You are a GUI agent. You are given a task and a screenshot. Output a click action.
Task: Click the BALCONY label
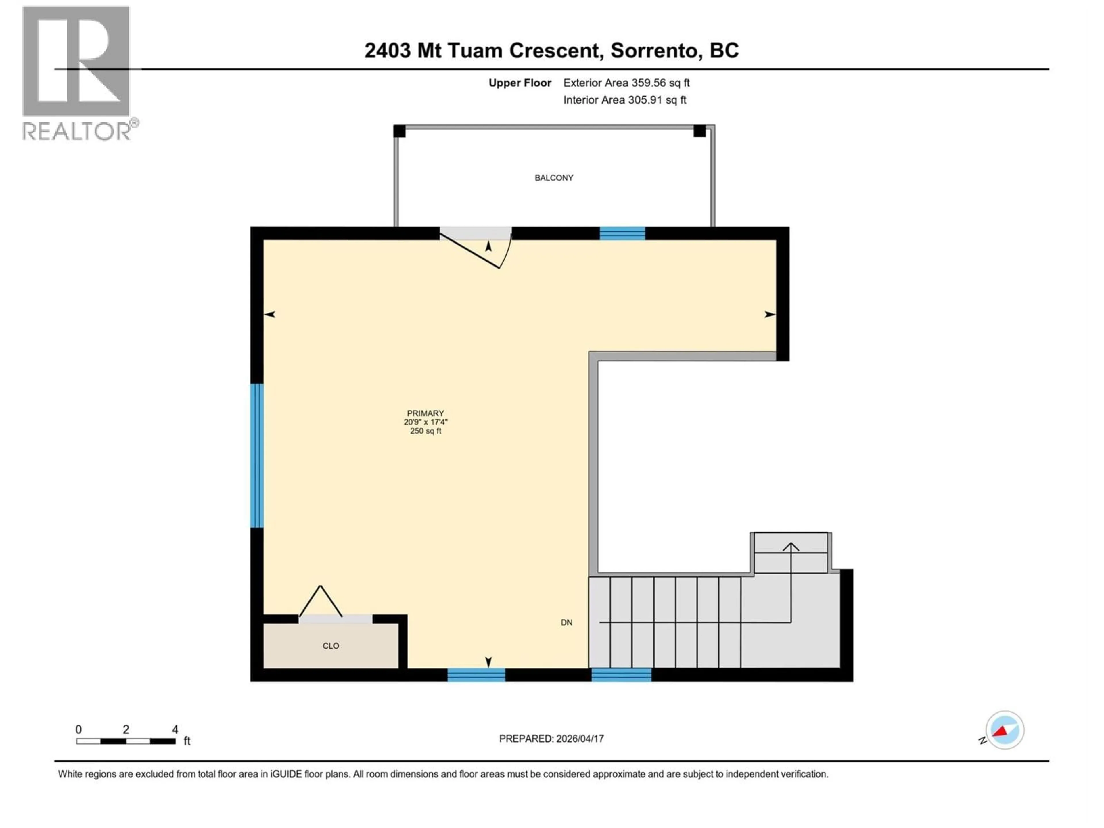pyautogui.click(x=553, y=178)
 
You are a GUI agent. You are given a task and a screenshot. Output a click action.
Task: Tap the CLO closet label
pyautogui.click(x=330, y=646)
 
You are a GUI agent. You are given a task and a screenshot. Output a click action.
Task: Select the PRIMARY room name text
pyautogui.click(x=425, y=413)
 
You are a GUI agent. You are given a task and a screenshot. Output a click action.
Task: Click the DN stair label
pyautogui.click(x=566, y=622)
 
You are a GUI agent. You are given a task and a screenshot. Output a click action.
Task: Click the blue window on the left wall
pyautogui.click(x=256, y=455)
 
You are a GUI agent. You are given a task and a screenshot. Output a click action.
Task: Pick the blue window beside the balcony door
pyautogui.click(x=622, y=233)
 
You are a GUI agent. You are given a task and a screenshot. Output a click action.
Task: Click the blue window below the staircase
pyautogui.click(x=621, y=675)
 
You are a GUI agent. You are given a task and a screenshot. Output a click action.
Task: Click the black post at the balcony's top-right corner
pyautogui.click(x=699, y=131)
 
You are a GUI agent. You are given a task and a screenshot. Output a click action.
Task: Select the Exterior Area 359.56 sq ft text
pyautogui.click(x=626, y=83)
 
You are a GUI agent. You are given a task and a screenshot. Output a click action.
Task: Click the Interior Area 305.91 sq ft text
pyautogui.click(x=624, y=100)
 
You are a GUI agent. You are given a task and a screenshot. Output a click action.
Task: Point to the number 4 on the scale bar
pyautogui.click(x=175, y=730)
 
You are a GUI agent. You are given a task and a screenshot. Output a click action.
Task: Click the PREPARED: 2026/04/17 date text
pyautogui.click(x=551, y=739)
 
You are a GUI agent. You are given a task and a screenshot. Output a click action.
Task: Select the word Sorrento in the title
pyautogui.click(x=653, y=50)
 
